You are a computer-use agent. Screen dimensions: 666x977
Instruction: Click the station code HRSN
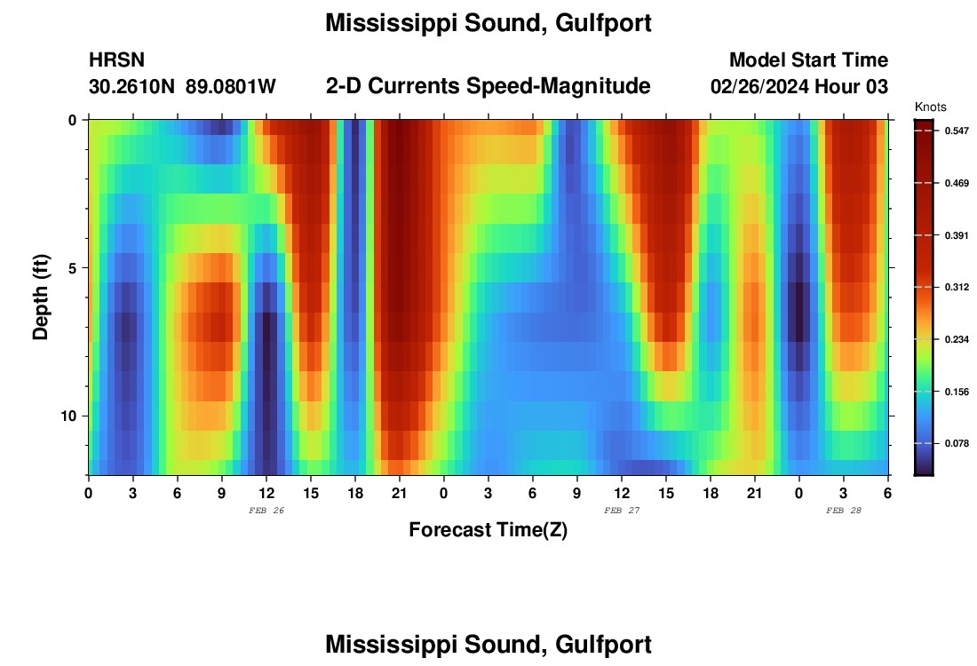pyautogui.click(x=116, y=60)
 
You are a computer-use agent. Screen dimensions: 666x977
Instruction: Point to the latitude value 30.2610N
pyautogui.click(x=133, y=87)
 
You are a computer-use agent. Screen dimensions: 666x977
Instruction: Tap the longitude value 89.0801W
pyautogui.click(x=231, y=87)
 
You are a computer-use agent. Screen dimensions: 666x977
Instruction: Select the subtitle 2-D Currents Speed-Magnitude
pyautogui.click(x=488, y=86)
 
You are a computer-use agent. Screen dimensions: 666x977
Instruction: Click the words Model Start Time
pyautogui.click(x=808, y=60)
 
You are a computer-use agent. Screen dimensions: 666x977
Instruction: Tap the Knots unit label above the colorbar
pyautogui.click(x=932, y=107)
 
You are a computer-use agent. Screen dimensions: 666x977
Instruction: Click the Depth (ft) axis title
pyautogui.click(x=40, y=297)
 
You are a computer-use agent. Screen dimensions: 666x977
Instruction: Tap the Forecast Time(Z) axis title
pyautogui.click(x=488, y=530)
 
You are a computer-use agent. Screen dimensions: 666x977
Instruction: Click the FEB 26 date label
pyautogui.click(x=266, y=511)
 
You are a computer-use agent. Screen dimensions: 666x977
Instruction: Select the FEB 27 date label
pyautogui.click(x=622, y=511)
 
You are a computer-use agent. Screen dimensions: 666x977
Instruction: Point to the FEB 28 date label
pyautogui.click(x=844, y=511)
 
